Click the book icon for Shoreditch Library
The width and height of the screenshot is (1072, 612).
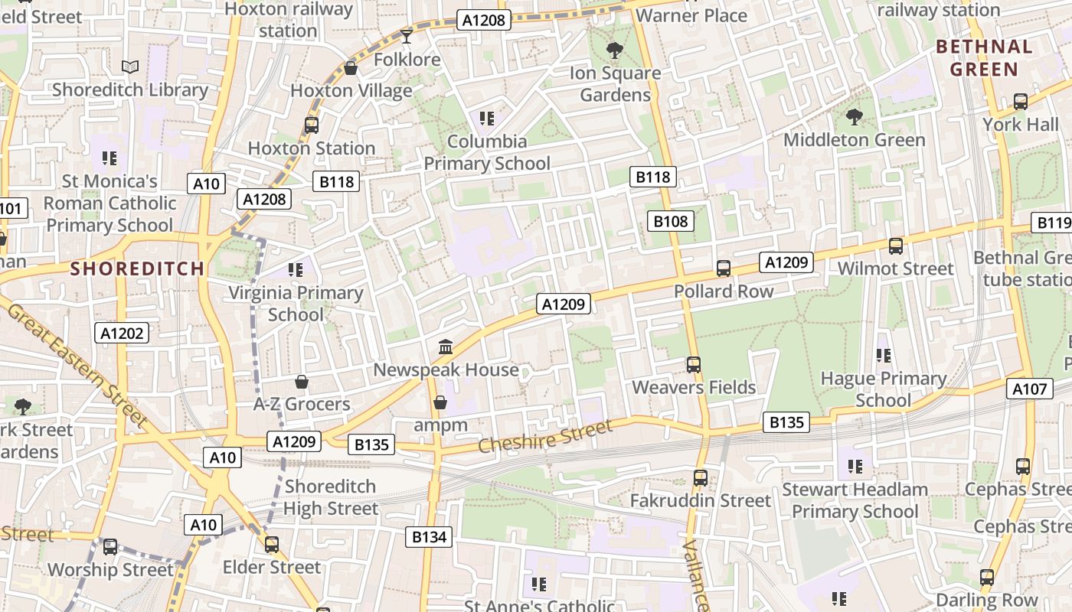click(130, 67)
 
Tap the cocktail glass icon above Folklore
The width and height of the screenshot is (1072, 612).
click(407, 36)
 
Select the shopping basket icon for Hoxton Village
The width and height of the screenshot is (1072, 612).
click(351, 69)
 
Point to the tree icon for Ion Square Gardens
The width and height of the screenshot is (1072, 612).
click(614, 50)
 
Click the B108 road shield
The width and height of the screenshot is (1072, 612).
click(671, 222)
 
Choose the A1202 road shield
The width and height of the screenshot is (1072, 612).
click(122, 333)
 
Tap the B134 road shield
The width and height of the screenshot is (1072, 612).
click(429, 537)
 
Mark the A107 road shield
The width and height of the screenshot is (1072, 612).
click(1029, 389)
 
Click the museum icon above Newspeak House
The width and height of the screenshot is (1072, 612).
click(446, 347)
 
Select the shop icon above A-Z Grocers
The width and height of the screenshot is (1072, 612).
click(302, 382)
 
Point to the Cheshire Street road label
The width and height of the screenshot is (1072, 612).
click(545, 436)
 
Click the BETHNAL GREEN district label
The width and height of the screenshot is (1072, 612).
click(984, 57)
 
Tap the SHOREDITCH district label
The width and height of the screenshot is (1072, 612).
click(138, 269)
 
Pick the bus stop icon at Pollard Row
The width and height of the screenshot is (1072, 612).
click(723, 269)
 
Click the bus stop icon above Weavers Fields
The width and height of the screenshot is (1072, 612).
click(694, 365)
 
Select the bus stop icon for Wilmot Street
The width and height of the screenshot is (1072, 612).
click(895, 246)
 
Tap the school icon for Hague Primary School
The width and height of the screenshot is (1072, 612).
click(884, 356)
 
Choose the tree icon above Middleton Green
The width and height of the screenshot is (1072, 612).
click(855, 117)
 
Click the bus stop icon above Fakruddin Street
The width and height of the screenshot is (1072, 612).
click(700, 478)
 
